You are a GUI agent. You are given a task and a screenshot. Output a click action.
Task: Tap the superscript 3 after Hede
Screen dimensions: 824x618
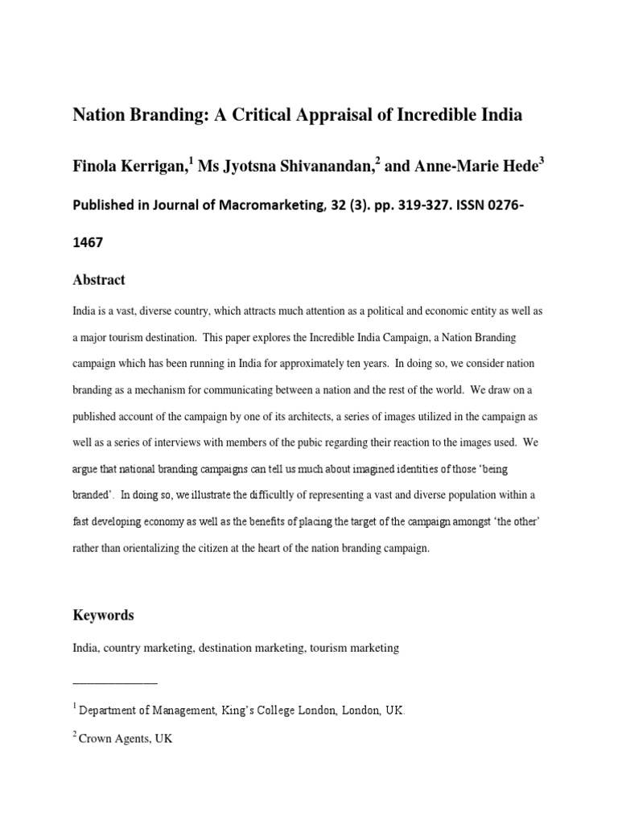(x=542, y=160)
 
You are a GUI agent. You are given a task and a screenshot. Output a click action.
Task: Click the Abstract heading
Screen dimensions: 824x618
(x=99, y=280)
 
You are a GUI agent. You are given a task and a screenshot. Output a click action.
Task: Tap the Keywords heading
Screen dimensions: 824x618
(x=103, y=616)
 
